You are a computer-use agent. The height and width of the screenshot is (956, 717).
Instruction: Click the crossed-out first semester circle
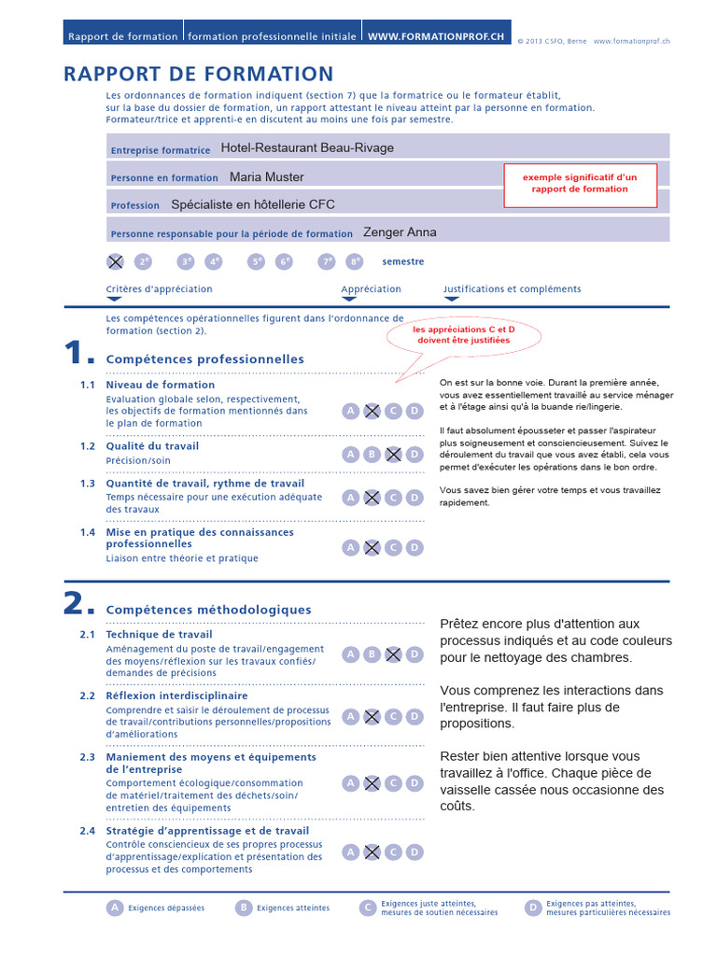(116, 262)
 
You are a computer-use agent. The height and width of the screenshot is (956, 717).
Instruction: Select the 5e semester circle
(256, 262)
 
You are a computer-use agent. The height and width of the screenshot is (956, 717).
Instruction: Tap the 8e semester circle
(355, 262)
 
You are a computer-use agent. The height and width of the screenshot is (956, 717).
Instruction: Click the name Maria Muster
(267, 176)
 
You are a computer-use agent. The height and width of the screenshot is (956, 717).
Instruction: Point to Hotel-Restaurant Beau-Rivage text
(307, 148)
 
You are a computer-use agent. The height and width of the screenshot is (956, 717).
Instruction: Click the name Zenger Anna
(400, 232)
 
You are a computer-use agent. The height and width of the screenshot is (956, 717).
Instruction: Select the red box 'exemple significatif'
(580, 183)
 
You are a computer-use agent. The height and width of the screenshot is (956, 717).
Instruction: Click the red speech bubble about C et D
(462, 335)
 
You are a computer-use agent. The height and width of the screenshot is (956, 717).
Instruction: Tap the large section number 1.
(77, 355)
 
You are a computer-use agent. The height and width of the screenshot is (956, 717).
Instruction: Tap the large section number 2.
(77, 605)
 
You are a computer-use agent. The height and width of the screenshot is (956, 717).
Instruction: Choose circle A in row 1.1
(350, 411)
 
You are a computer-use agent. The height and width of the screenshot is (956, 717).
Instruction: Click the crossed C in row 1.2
(393, 455)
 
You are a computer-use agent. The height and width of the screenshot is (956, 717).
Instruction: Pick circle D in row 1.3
(415, 498)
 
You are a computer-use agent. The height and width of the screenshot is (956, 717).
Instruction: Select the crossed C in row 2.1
(393, 654)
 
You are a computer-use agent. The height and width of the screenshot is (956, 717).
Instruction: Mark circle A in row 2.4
(350, 851)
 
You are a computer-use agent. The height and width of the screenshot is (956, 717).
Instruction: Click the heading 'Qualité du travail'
(152, 446)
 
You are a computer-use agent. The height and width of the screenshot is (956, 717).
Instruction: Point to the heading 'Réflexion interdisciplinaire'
(177, 696)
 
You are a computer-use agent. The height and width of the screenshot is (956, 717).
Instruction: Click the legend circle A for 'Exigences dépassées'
(115, 907)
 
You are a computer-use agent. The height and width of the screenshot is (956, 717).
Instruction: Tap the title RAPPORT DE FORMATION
(199, 75)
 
